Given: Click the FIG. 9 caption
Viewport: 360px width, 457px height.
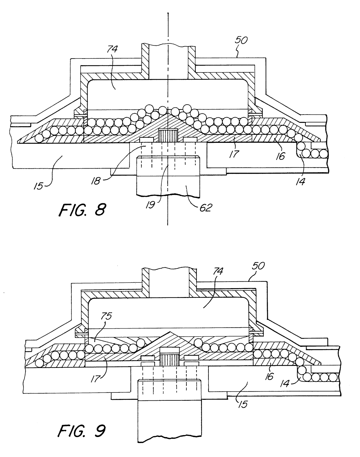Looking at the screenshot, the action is tap(82, 431).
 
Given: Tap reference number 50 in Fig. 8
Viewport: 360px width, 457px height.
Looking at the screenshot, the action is tap(241, 40).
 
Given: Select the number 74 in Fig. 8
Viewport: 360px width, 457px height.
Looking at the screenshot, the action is tap(112, 49).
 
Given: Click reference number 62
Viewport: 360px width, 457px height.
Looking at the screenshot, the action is tap(206, 207).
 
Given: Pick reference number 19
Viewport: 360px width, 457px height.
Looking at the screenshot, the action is tap(150, 205).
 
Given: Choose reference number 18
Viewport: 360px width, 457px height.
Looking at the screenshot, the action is tap(95, 181).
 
